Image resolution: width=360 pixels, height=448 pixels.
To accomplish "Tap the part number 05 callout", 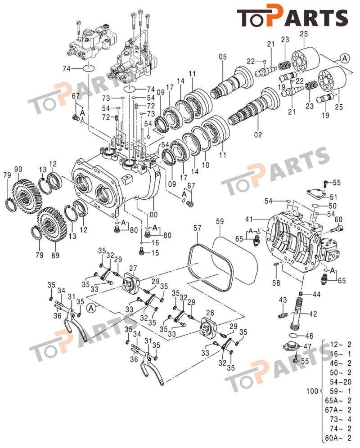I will click(x=222, y=57).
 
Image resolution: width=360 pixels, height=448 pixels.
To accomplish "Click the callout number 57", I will click(x=198, y=229).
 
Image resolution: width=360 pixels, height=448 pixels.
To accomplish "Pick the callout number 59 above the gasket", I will click(x=219, y=221).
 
